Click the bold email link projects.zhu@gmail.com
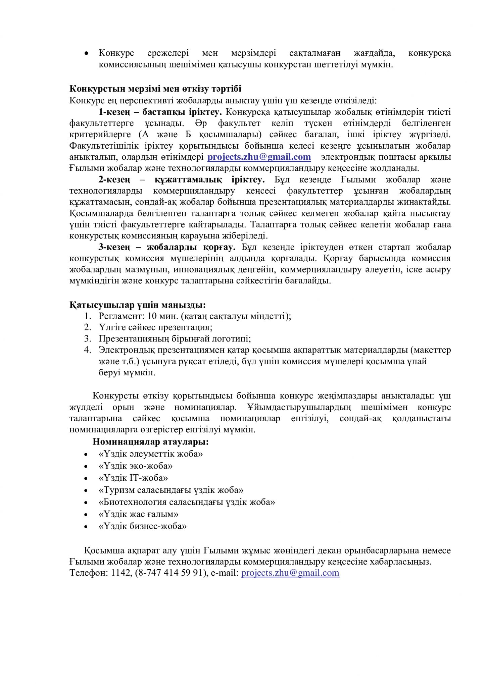tap(259, 157)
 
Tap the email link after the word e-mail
tap(290, 573)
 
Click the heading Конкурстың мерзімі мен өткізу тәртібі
tap(155, 89)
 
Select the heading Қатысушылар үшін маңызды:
tap(138, 305)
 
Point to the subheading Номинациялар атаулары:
tap(151, 442)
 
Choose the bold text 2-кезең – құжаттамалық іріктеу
tap(181, 180)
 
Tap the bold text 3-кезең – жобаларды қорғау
tap(167, 247)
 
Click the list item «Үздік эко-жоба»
tap(136, 466)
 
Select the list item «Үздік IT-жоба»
tap(133, 478)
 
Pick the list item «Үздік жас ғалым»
tap(138, 514)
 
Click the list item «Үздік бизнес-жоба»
tap(143, 526)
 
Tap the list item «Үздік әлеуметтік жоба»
tap(151, 454)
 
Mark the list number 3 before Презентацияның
tap(87, 338)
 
